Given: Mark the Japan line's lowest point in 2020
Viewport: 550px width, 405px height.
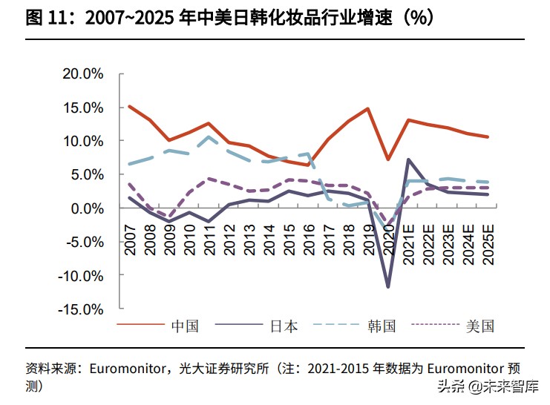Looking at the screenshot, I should pyautogui.click(x=387, y=286).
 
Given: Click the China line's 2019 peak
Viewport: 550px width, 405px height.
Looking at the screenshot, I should pyautogui.click(x=367, y=109).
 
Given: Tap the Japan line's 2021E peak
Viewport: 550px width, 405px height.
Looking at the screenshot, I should pyautogui.click(x=407, y=159).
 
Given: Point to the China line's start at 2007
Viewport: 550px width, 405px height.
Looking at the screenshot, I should pyautogui.click(x=130, y=106).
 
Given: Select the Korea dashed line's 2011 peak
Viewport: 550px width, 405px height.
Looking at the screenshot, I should pyautogui.click(x=209, y=136).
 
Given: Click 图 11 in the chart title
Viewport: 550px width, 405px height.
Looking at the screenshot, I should pyautogui.click(x=43, y=19).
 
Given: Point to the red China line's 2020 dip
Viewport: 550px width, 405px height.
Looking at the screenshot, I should pyautogui.click(x=387, y=159).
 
